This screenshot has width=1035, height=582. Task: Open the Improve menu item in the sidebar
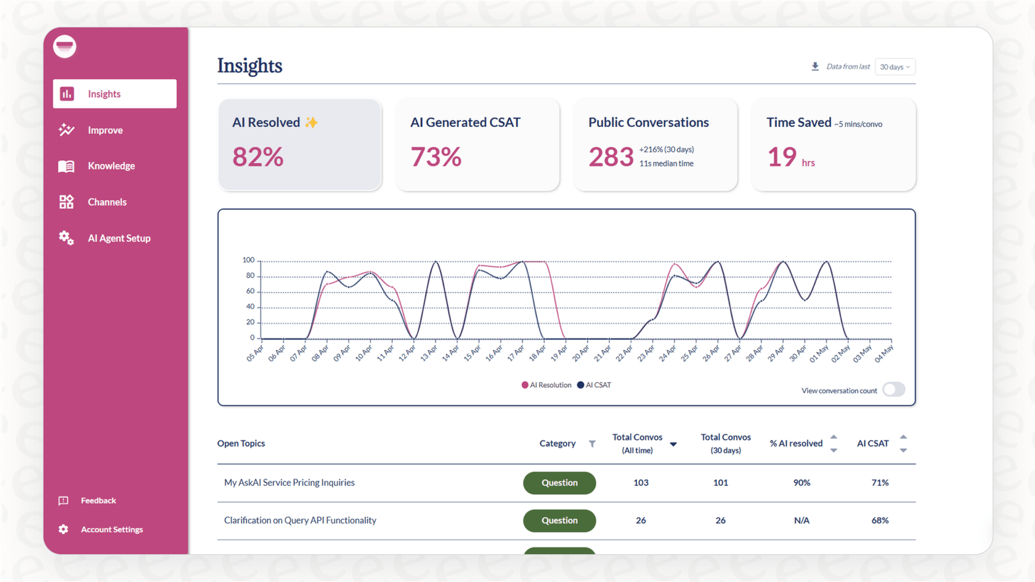105,130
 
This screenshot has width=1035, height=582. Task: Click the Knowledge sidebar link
111,166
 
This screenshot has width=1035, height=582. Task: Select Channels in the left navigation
107,202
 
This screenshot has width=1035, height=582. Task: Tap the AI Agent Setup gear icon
67,238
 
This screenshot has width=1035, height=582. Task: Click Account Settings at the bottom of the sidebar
112,530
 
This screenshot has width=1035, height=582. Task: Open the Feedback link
98,501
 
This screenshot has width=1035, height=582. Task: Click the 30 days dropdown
895,67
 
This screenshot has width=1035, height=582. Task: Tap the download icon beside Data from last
815,67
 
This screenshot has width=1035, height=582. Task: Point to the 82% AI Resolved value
258,157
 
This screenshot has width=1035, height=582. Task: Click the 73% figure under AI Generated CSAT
436,157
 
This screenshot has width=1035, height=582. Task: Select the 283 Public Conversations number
611,157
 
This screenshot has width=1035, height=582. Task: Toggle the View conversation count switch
893,390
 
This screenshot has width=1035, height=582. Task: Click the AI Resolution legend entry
546,385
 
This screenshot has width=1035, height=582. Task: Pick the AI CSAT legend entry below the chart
595,385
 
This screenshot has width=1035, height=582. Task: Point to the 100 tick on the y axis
248,260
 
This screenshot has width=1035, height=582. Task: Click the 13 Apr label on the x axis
429,353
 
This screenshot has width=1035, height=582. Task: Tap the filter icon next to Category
592,443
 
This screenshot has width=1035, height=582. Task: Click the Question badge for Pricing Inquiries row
559,483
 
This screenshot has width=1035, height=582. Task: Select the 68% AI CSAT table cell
880,520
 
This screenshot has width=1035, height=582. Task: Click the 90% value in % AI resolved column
802,483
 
